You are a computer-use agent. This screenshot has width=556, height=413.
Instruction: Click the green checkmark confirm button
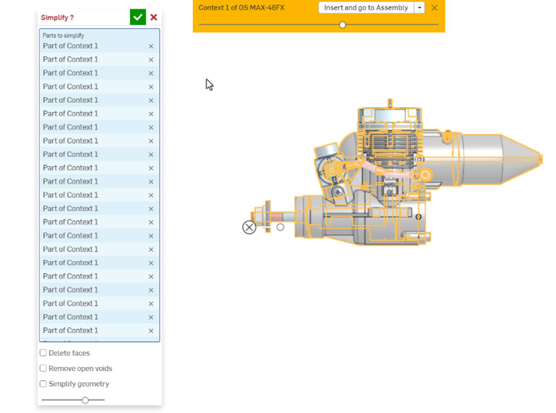(138, 17)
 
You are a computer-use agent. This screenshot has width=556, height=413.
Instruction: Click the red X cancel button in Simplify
(154, 17)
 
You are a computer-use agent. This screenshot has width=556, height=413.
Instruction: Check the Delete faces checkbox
(43, 353)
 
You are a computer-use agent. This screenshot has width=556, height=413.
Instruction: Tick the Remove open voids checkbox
(43, 368)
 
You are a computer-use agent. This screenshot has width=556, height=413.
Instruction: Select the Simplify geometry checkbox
(43, 384)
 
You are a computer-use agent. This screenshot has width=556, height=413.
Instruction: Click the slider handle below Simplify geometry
(85, 400)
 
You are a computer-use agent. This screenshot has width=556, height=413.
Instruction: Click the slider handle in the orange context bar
(342, 25)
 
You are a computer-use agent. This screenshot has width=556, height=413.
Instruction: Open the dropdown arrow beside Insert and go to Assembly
(419, 8)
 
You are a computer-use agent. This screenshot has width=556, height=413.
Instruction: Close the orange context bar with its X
(434, 8)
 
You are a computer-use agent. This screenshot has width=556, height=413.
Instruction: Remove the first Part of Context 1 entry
(151, 46)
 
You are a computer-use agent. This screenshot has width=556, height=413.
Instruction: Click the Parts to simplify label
(63, 35)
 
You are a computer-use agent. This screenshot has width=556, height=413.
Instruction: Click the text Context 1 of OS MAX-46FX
(241, 8)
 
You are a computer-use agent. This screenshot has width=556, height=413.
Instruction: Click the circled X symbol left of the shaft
(249, 227)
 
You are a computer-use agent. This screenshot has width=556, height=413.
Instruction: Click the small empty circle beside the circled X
(280, 227)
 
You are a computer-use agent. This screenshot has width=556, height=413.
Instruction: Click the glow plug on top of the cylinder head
(390, 103)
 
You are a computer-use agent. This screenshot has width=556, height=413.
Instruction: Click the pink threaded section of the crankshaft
(276, 217)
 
